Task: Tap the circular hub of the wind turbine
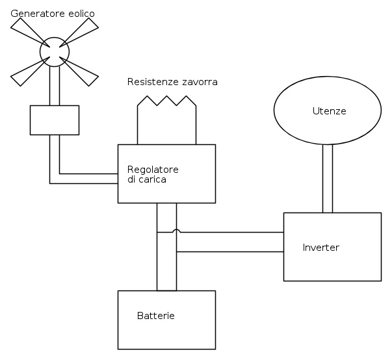click(55, 51)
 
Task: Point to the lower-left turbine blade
click(27, 73)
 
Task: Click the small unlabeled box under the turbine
click(55, 120)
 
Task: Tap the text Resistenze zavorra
click(172, 83)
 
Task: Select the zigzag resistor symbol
click(167, 101)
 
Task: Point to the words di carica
click(147, 179)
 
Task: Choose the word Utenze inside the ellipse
click(329, 111)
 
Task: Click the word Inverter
click(321, 248)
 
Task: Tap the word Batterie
click(156, 316)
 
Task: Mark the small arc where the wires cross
click(176, 231)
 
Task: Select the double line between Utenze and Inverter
click(328, 179)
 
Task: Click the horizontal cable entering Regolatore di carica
click(88, 179)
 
